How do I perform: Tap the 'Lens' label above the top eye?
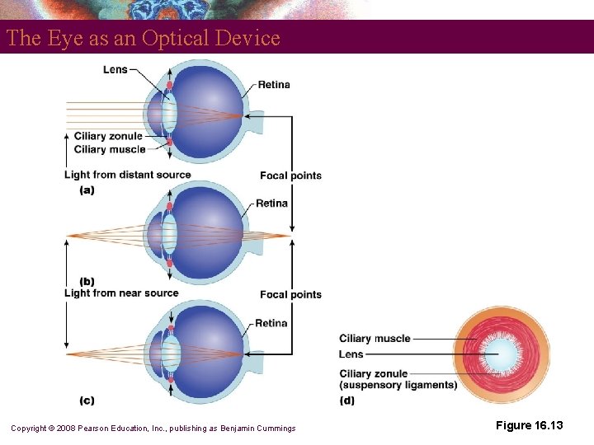115,69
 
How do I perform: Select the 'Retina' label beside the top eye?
274,85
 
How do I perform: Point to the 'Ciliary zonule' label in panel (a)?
108,136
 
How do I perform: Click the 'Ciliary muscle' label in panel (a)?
110,149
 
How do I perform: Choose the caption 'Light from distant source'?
127,175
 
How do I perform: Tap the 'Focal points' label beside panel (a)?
290,176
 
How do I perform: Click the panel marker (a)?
87,190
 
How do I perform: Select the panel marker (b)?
87,282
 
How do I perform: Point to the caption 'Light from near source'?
121,293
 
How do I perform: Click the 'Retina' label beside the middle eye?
271,204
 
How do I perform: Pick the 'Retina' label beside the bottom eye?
271,323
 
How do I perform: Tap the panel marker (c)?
87,400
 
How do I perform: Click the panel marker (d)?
348,400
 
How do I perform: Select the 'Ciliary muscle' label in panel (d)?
375,339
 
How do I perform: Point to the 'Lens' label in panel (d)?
351,354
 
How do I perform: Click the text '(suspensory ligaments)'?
398,385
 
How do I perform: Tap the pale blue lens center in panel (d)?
502,355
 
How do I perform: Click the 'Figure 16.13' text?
530,425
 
